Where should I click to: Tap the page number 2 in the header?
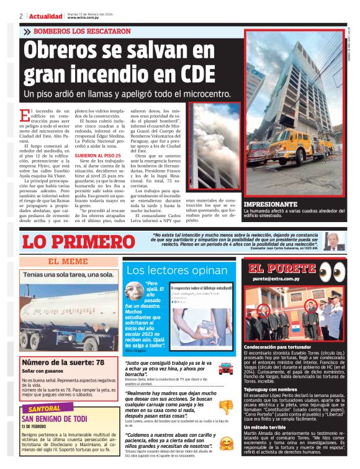point(20,16)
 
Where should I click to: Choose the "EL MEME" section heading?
point(68,261)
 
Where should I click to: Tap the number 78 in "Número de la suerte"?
point(97,362)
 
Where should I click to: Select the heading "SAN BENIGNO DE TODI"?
point(58,419)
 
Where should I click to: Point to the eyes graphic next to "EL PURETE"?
point(335,270)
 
